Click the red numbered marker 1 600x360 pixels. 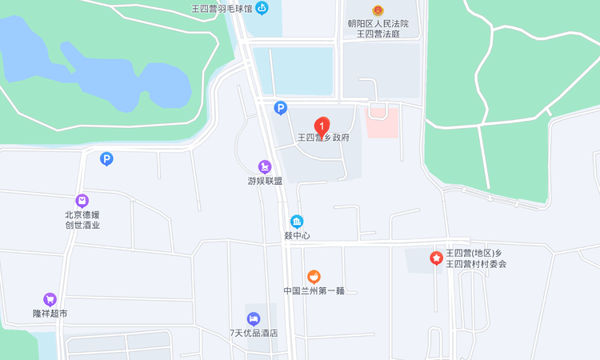coord(322,126)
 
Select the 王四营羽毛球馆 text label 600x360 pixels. coord(222,9)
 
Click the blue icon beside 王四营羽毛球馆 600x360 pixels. coord(262,8)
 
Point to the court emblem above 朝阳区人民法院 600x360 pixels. coord(378,10)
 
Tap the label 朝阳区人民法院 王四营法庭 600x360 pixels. coord(378,29)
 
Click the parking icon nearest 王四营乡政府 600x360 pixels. coord(280,107)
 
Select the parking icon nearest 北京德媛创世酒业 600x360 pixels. coord(106,159)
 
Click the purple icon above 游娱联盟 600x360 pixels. coord(265,166)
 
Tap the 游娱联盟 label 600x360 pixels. coord(265,181)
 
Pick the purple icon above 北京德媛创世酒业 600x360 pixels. coord(82,201)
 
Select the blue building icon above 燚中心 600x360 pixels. coord(297,222)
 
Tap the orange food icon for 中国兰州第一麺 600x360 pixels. coord(314,276)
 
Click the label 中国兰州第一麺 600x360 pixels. coord(314,290)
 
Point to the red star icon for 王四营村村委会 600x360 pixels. coord(436,258)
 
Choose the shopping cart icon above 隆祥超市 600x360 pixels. coord(50,299)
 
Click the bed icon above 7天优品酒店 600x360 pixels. coord(254,318)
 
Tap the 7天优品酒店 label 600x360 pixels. coord(254,333)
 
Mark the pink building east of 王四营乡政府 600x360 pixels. coord(382,122)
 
